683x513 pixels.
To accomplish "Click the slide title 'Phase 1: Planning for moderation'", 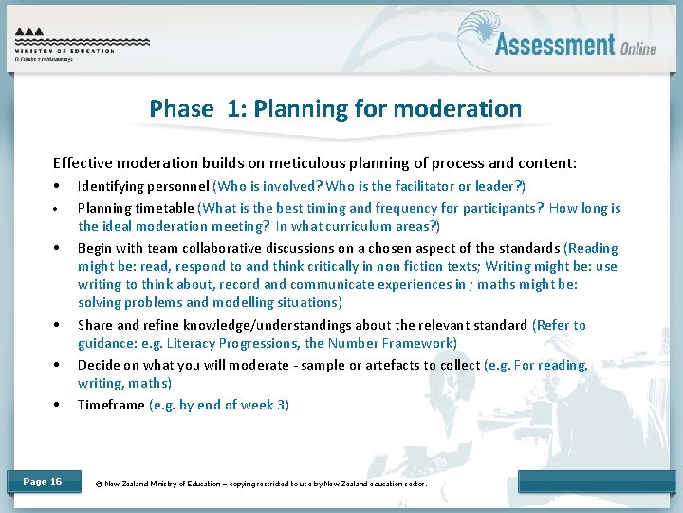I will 335,108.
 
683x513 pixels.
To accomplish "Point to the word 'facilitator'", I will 433,186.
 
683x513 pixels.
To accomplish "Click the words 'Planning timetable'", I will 136,208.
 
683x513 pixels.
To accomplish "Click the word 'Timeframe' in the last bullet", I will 111,405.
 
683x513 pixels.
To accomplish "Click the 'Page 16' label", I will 43,482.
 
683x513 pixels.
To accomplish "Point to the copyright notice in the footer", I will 262,484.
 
